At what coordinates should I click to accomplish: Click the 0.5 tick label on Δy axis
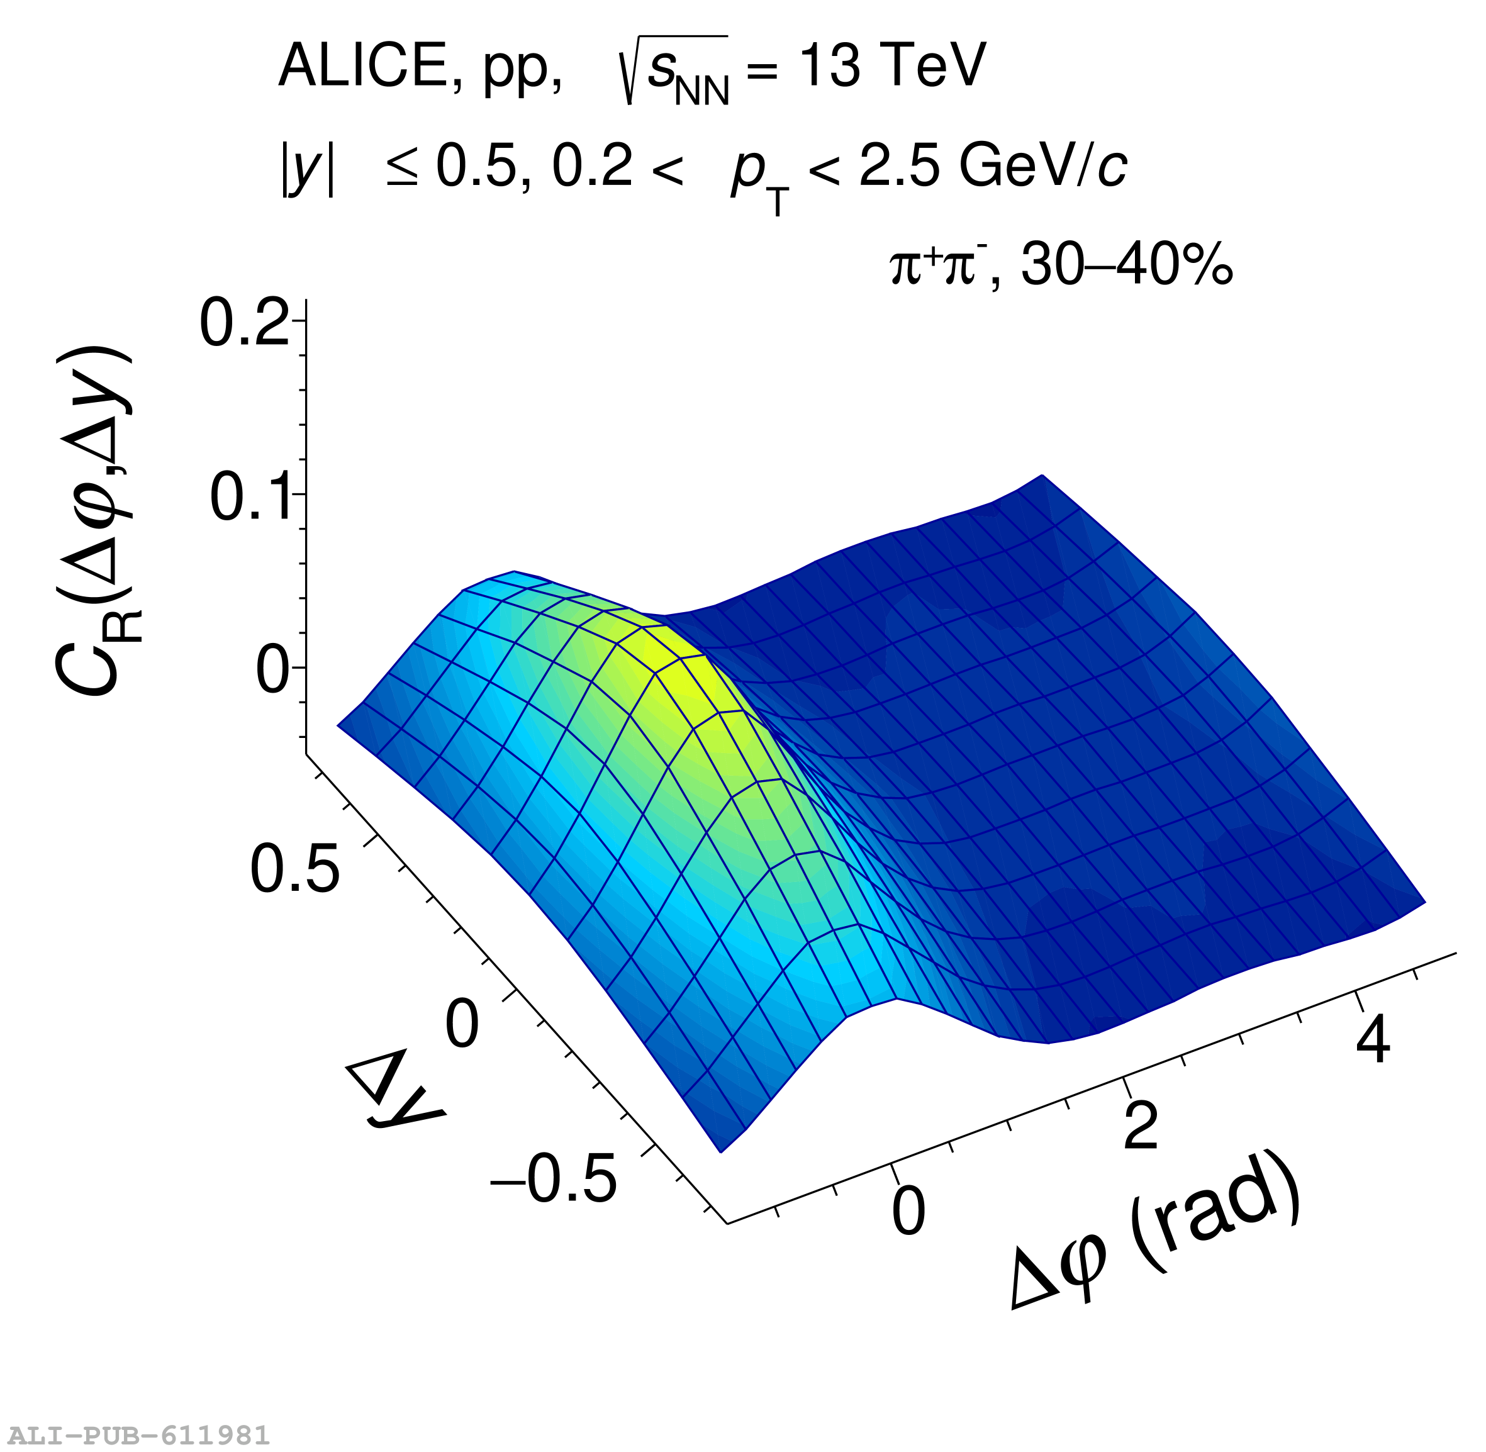pyautogui.click(x=294, y=869)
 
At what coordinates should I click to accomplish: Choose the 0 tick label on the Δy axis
pyautogui.click(x=462, y=1024)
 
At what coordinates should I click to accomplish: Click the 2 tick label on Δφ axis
pyautogui.click(x=1141, y=1125)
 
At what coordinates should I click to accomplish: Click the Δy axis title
pyautogui.click(x=394, y=1092)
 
